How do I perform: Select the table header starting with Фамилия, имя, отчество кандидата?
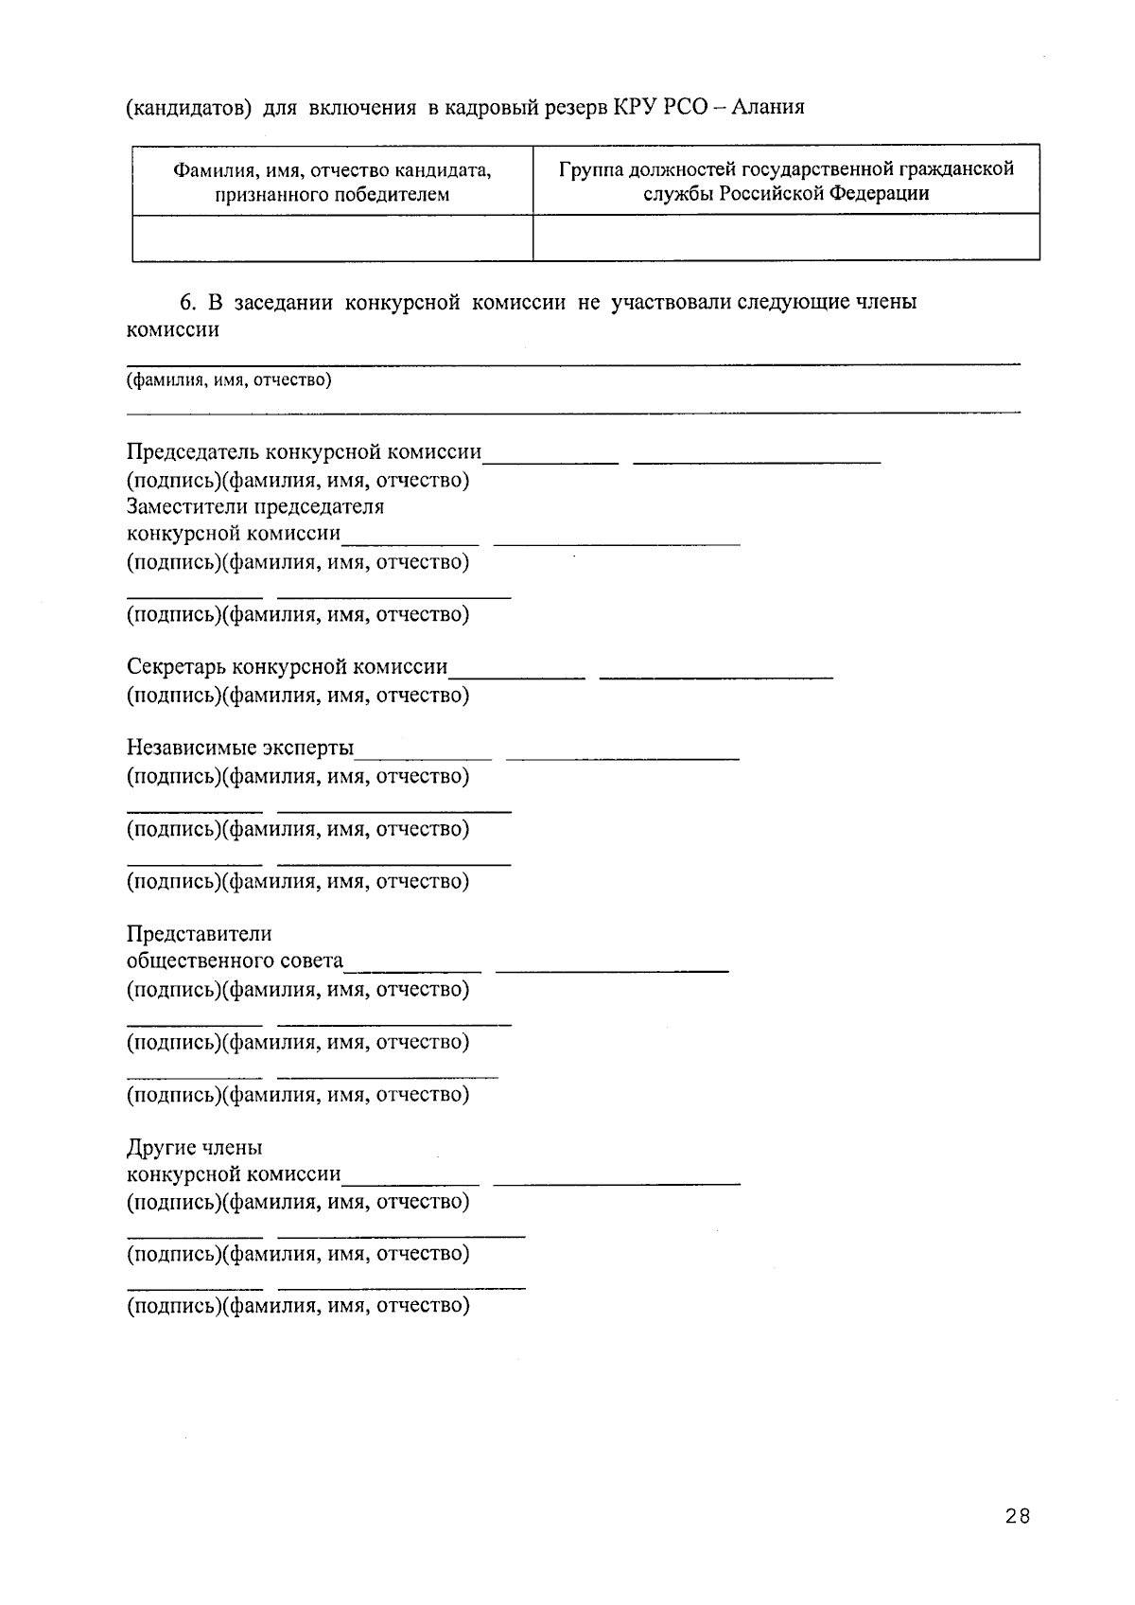tap(332, 182)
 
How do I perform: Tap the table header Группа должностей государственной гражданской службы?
tap(786, 181)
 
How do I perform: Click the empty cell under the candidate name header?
tap(332, 238)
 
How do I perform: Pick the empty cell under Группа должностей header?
tap(786, 238)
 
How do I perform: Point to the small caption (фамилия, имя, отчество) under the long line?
tap(230, 380)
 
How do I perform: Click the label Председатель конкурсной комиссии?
tap(304, 452)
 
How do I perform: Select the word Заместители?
tap(187, 506)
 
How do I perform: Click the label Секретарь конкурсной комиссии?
tap(288, 666)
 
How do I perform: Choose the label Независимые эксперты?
tap(240, 749)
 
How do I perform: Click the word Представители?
tap(200, 934)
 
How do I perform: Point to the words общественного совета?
tap(235, 961)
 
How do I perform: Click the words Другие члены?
tap(195, 1148)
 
